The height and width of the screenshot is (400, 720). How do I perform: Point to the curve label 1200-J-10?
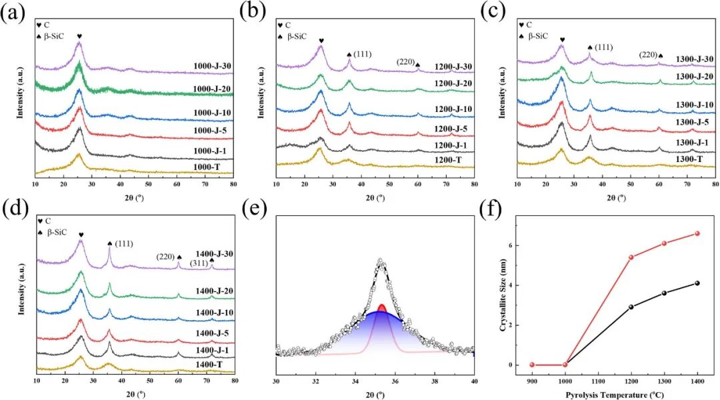coord(454,109)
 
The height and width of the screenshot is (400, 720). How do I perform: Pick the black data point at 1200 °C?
coord(631,307)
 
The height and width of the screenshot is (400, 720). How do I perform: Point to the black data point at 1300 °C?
coord(664,293)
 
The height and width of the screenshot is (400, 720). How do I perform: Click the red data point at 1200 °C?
coord(631,257)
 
